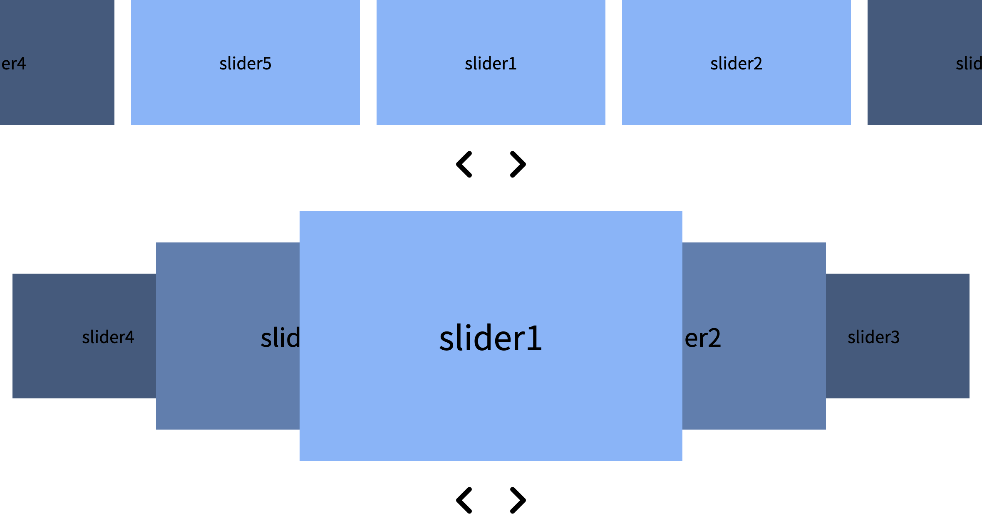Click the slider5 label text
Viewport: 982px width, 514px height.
tap(245, 64)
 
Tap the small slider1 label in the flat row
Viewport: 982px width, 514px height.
tap(491, 64)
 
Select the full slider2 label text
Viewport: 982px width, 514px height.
tap(736, 64)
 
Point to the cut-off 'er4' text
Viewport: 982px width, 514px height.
tap(13, 64)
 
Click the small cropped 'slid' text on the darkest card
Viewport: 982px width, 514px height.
tap(968, 64)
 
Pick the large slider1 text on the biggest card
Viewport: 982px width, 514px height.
tap(491, 338)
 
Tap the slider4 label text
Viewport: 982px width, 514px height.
tap(108, 337)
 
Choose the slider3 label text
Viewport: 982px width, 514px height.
tap(873, 337)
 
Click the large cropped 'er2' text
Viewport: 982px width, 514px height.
tap(703, 338)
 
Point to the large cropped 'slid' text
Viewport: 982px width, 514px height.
tap(280, 338)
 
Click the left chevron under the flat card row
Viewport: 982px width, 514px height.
tap(464, 164)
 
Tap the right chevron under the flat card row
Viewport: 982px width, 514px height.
tap(518, 164)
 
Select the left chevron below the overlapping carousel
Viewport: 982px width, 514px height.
tap(464, 500)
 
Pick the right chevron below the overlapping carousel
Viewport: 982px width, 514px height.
tap(518, 500)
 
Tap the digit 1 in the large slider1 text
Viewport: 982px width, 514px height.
tap(534, 338)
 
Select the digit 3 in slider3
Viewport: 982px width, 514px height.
tap(895, 337)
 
